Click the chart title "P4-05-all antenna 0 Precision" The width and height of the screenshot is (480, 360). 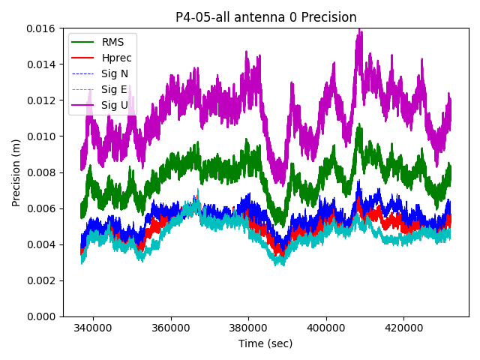[265, 17]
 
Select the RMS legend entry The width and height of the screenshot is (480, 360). [113, 41]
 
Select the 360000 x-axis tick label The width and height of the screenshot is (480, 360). [171, 328]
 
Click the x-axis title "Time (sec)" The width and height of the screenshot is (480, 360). [265, 343]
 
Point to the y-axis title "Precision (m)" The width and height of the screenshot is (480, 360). [16, 172]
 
